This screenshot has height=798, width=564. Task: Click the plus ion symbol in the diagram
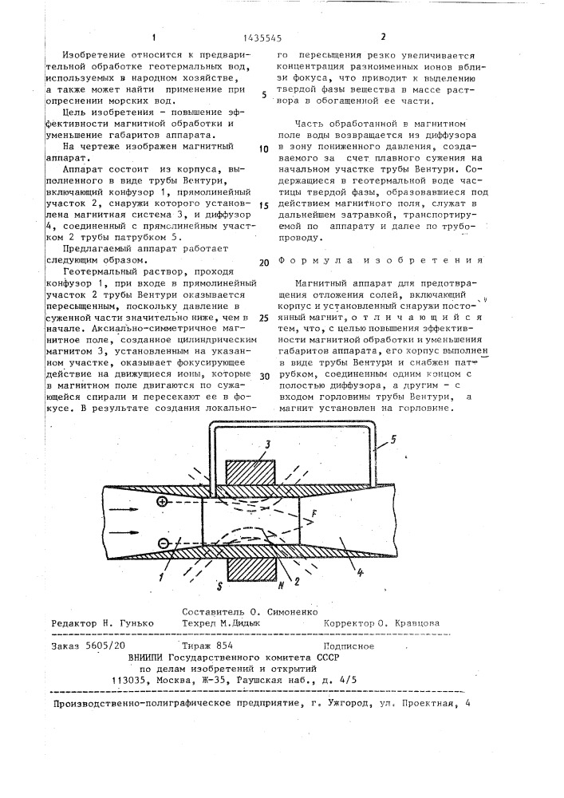(x=163, y=503)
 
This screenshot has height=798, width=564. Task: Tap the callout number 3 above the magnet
(x=247, y=444)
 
